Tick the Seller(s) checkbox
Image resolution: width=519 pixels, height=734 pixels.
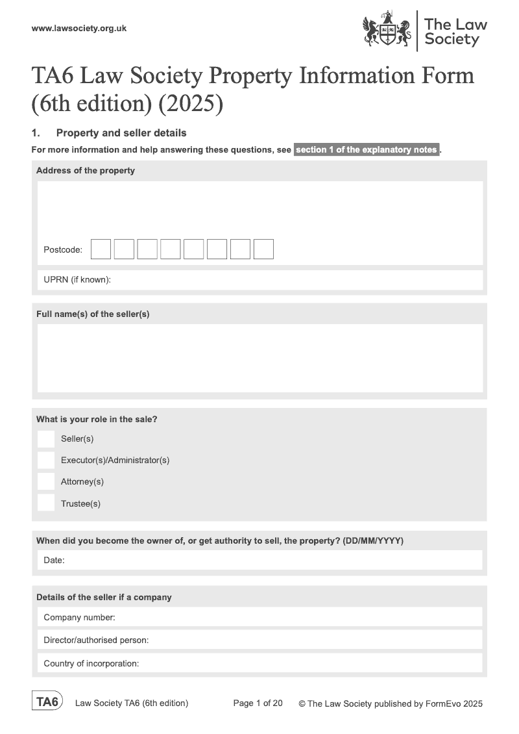click(46, 439)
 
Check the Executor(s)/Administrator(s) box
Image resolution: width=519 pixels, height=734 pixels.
click(46, 461)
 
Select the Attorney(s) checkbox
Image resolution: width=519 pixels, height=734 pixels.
click(46, 481)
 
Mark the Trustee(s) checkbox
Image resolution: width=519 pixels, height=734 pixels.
click(46, 503)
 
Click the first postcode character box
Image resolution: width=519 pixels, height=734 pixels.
click(101, 249)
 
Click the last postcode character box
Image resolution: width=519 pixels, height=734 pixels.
click(263, 249)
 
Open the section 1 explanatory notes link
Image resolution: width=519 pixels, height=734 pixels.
click(367, 150)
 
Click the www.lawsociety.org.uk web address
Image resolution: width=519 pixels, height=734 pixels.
click(78, 28)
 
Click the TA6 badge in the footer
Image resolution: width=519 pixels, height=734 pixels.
click(47, 702)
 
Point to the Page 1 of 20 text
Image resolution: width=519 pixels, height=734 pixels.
click(258, 703)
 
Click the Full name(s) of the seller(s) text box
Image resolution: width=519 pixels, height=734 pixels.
click(259, 358)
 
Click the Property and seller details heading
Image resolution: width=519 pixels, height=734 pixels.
click(121, 133)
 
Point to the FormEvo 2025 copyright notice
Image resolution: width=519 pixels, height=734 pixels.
click(391, 703)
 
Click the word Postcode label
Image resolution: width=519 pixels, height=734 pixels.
click(63, 250)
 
